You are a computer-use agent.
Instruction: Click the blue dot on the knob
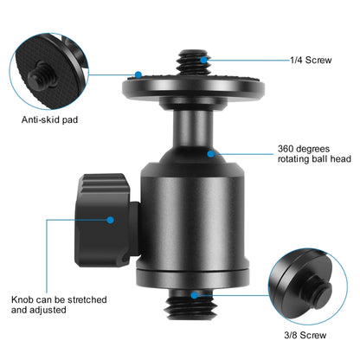click(111, 220)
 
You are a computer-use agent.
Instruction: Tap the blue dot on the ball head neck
click(211, 152)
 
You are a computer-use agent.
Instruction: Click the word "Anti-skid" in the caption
click(38, 120)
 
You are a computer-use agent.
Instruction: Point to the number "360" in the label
click(288, 148)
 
